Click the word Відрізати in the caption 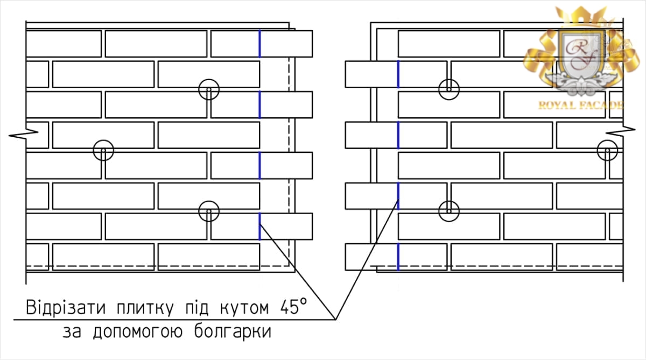point(66,308)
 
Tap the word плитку point(145,308)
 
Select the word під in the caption point(196,308)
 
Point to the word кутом point(244,309)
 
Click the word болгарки point(233,331)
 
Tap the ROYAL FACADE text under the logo point(580,105)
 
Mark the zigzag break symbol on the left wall point(23,135)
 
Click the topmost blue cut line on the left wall point(260,44)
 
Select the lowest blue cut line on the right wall point(398,257)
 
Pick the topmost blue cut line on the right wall point(398,74)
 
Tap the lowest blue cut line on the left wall point(260,227)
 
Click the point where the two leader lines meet point(336,320)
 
